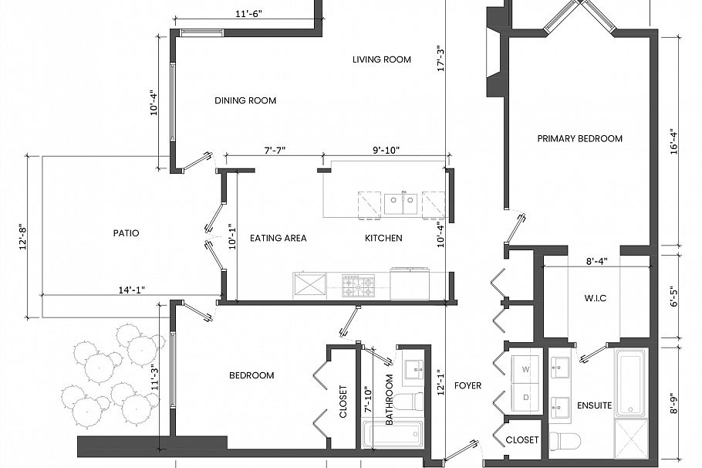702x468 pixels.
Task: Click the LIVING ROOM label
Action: [381, 59]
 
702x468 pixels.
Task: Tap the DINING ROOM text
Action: [245, 100]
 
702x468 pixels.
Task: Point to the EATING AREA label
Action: [278, 238]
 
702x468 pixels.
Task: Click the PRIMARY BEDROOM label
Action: [579, 138]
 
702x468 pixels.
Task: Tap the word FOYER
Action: [467, 385]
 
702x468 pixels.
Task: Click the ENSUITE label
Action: [594, 405]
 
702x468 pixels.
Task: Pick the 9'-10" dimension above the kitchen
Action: [385, 150]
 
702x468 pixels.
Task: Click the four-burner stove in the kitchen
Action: [359, 285]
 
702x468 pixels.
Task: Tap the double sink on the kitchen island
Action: [401, 203]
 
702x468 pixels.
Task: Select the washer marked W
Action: [527, 370]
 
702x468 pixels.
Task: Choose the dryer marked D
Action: [527, 398]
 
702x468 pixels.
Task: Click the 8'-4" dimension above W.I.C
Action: [597, 261]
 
